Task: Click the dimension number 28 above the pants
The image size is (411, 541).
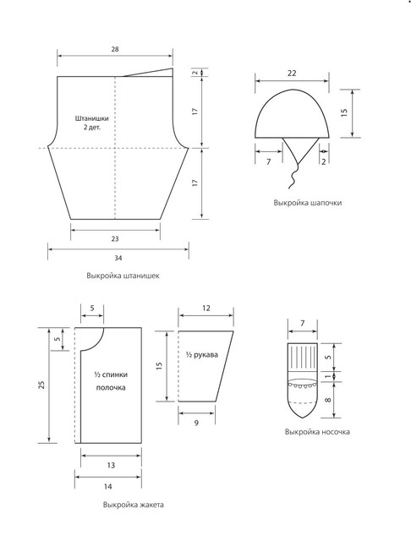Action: click(x=115, y=49)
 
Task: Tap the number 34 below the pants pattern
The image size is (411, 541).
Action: click(x=118, y=258)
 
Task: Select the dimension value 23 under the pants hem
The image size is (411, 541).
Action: click(x=115, y=238)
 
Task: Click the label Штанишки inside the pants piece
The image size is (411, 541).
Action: click(x=92, y=118)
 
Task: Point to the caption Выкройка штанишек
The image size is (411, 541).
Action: click(x=123, y=276)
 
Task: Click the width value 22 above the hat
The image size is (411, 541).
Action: click(x=292, y=74)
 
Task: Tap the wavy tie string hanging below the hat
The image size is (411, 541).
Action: click(x=293, y=177)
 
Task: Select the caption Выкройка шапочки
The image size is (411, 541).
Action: click(x=308, y=203)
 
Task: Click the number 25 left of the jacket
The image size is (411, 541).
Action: click(x=41, y=385)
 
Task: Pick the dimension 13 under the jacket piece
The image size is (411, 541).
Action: click(x=111, y=466)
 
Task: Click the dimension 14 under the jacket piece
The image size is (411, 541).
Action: click(x=107, y=487)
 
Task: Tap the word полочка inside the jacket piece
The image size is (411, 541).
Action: click(x=111, y=388)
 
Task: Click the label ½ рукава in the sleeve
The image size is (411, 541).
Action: click(x=202, y=355)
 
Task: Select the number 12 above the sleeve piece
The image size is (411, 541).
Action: click(x=206, y=308)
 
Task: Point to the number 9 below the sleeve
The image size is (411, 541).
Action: click(x=196, y=423)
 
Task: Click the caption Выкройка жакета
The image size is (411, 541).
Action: click(x=134, y=505)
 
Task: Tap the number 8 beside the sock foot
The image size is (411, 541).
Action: click(x=328, y=400)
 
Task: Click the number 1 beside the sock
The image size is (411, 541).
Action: click(x=328, y=376)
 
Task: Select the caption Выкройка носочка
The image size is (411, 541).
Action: click(x=317, y=432)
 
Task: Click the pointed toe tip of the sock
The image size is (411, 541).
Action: click(x=302, y=418)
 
